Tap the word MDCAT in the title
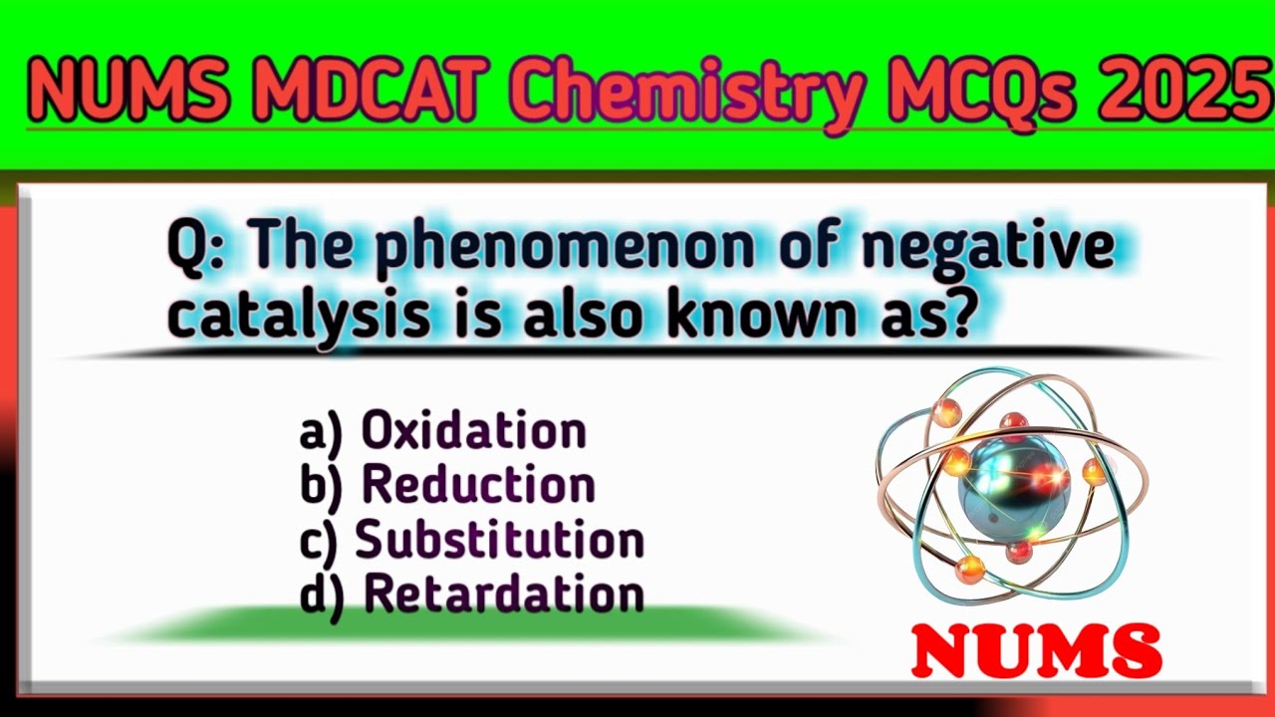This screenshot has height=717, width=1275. click(363, 88)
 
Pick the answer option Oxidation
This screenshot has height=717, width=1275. click(474, 431)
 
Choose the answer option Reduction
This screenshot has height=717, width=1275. click(478, 485)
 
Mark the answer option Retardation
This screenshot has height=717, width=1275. click(504, 594)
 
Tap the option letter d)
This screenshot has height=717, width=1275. click(322, 595)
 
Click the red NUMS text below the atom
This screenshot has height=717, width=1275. click(1037, 652)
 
